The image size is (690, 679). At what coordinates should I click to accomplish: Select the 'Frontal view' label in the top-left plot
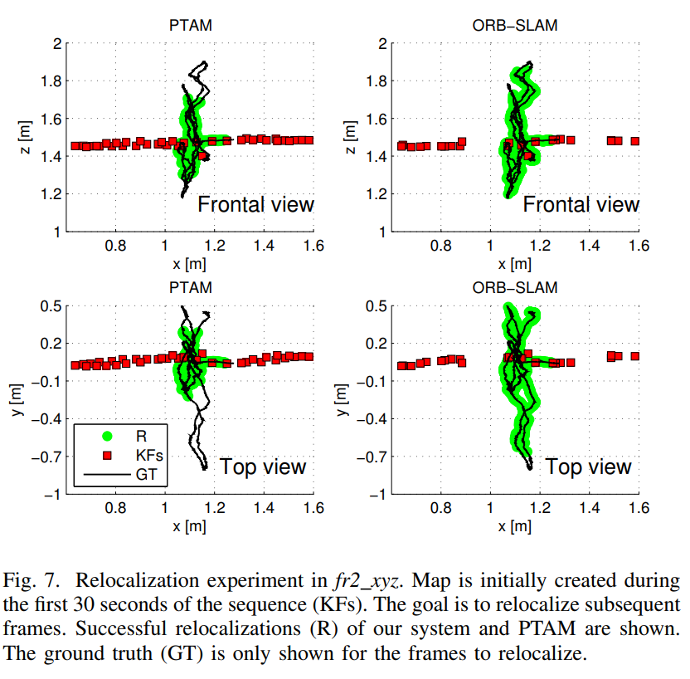[x=255, y=203]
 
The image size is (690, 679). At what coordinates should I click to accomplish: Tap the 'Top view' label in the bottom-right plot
[x=588, y=466]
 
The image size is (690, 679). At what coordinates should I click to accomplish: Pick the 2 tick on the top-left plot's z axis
[x=56, y=44]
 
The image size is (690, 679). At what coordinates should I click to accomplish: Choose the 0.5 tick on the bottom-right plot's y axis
[x=378, y=306]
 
